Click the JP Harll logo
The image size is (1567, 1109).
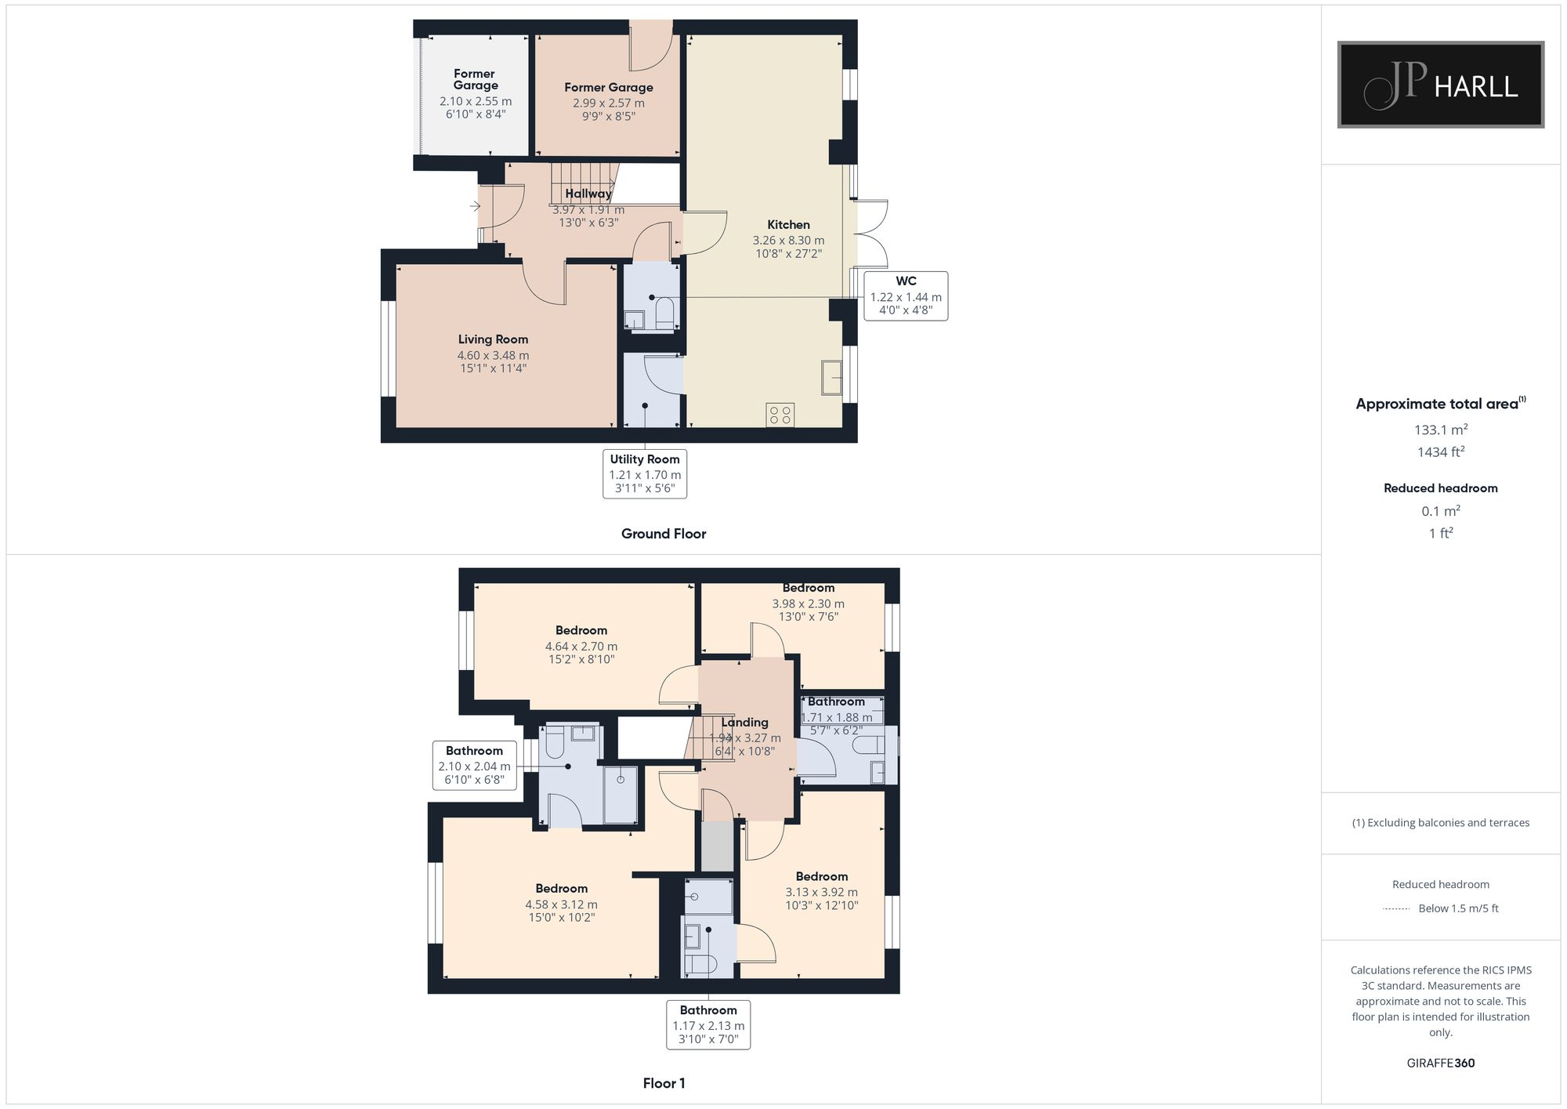point(1440,85)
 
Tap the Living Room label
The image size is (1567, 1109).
point(493,339)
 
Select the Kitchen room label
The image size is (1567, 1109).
point(788,225)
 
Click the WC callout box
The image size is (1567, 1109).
point(906,295)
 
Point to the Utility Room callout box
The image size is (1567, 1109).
point(645,473)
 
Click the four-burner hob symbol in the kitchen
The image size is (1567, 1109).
point(780,415)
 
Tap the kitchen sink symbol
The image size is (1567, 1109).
point(831,377)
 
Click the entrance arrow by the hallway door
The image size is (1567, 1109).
point(475,206)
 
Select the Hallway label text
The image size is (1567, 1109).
point(588,194)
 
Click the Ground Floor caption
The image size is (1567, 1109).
point(664,534)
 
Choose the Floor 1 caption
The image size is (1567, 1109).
point(664,1083)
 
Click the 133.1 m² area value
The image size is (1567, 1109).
point(1440,429)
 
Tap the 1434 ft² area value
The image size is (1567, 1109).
point(1440,452)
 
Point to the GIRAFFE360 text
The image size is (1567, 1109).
point(1440,1063)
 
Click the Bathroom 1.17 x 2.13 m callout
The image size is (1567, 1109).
point(708,1024)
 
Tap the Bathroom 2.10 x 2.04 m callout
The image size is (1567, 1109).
point(474,765)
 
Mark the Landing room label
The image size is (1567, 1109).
point(744,723)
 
